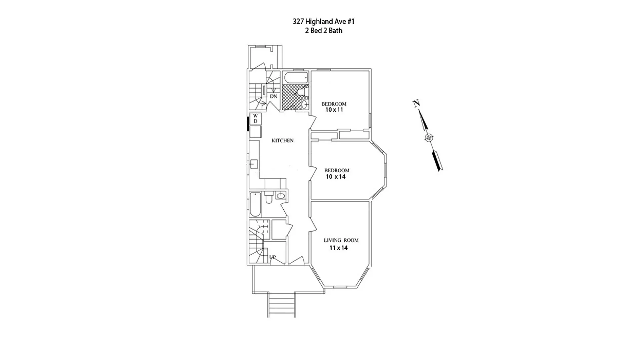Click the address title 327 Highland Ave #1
pyautogui.click(x=323, y=22)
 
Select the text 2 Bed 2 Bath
pyautogui.click(x=323, y=31)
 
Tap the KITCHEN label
pyautogui.click(x=282, y=141)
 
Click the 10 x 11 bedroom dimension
pyautogui.click(x=334, y=110)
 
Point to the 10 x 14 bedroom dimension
pyautogui.click(x=336, y=177)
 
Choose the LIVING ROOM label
pyautogui.click(x=341, y=240)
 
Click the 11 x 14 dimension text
pyautogui.click(x=338, y=248)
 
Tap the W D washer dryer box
pyautogui.click(x=255, y=119)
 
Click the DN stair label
pyautogui.click(x=273, y=96)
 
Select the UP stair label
pyautogui.click(x=272, y=257)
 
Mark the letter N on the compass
pyautogui.click(x=416, y=104)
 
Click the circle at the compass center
pyautogui.click(x=429, y=138)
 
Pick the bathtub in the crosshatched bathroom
pyautogui.click(x=296, y=78)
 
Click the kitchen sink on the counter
pyautogui.click(x=254, y=164)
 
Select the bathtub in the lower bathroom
pyautogui.click(x=255, y=204)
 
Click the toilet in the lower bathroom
pyautogui.click(x=269, y=198)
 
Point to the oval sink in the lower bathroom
pyautogui.click(x=281, y=196)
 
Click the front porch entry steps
pyautogui.click(x=282, y=305)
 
